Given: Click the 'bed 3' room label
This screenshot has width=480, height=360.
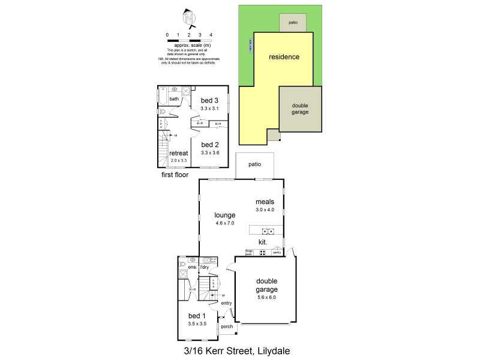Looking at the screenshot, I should tap(209, 100).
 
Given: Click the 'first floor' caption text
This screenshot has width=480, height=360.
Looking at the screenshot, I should tap(175, 175).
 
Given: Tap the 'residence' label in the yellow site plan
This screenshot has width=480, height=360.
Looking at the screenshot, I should tap(284, 57).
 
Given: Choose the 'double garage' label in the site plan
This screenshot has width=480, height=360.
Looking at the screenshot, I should tap(299, 109).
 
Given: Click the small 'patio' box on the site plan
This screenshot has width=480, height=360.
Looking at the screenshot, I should tap(293, 22).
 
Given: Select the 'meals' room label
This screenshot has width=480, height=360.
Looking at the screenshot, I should tap(265, 202).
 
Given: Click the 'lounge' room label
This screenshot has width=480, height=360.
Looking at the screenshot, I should tap(224, 215).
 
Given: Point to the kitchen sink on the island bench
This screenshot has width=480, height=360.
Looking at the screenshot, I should tap(266, 231).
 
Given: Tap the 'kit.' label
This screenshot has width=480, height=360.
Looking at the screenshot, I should tap(262, 242).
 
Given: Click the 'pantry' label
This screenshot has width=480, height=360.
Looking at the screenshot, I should tap(277, 253).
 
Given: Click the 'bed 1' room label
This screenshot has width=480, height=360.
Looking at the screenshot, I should tap(197, 316).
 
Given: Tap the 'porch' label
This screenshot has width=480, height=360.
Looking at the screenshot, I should tap(227, 327).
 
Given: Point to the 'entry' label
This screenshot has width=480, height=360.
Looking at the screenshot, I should tap(226, 303).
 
